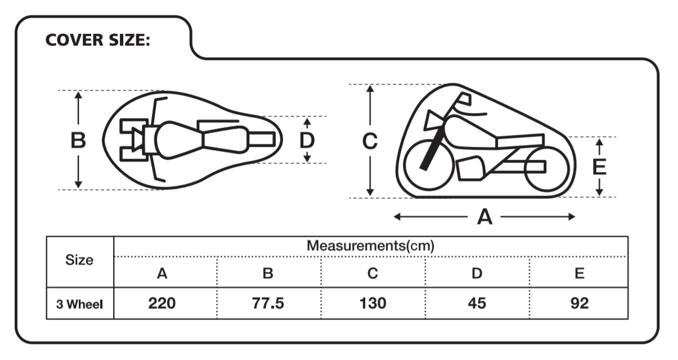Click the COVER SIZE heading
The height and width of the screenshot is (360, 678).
tap(98, 41)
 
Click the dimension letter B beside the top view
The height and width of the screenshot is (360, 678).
tap(78, 140)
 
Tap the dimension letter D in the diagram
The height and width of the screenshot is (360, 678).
tap(307, 140)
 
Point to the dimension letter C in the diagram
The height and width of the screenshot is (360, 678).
tap(370, 141)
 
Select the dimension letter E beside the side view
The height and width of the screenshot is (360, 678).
tap(599, 167)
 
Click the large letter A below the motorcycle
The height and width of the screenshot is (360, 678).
tap(484, 217)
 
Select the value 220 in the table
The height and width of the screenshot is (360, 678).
tap(162, 304)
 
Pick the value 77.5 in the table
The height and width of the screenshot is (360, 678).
tap(267, 304)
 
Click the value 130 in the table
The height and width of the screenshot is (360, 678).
tap(372, 304)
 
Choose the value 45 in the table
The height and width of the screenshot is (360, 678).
tap(477, 304)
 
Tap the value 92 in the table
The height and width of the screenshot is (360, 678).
tap(579, 304)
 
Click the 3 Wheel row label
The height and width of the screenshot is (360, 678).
tap(79, 304)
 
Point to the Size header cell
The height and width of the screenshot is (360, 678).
tap(79, 260)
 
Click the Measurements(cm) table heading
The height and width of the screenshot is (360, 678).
tap(370, 246)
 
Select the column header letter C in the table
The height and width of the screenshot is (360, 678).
tap(372, 274)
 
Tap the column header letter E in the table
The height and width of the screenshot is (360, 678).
tap(579, 274)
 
